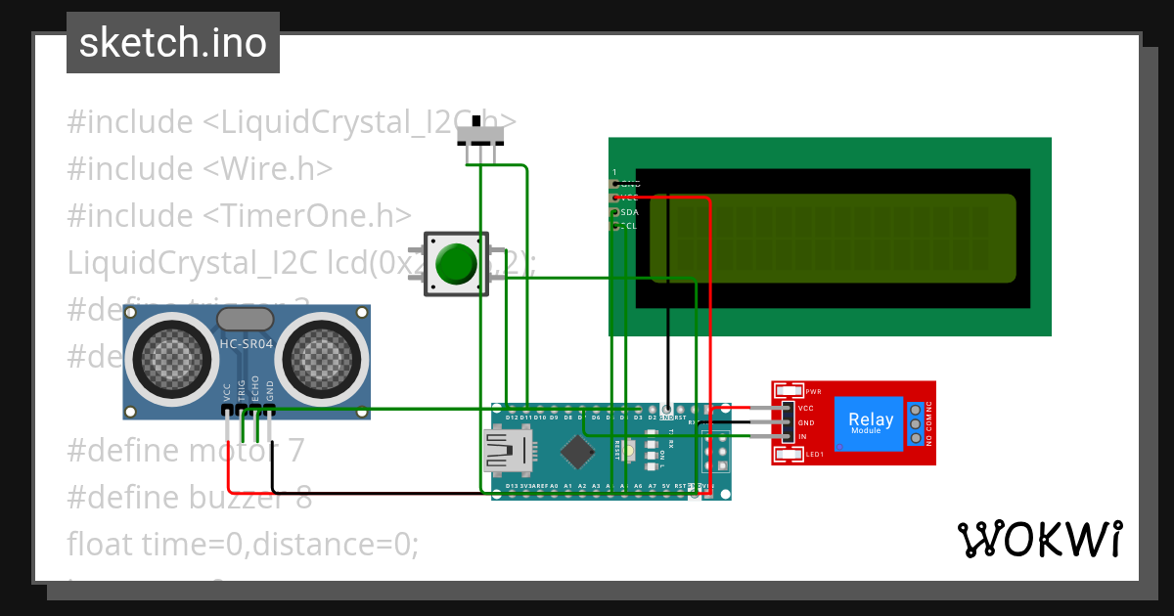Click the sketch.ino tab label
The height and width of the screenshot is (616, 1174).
pyautogui.click(x=172, y=43)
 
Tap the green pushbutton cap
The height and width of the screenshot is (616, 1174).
pyautogui.click(x=455, y=264)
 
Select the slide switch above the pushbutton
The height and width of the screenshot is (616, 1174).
pyautogui.click(x=481, y=132)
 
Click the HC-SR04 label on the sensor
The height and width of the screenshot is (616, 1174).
pyautogui.click(x=246, y=344)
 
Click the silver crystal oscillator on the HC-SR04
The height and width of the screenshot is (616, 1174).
pyautogui.click(x=245, y=319)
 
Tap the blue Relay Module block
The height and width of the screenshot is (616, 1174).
pyautogui.click(x=870, y=423)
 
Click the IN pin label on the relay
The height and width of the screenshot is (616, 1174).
pyautogui.click(x=802, y=437)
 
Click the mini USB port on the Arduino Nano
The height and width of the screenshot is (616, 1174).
pyautogui.click(x=506, y=452)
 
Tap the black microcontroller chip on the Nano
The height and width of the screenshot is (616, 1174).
pyautogui.click(x=579, y=451)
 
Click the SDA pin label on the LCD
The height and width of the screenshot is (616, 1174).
pyautogui.click(x=629, y=211)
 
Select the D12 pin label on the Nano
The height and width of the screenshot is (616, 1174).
pyautogui.click(x=512, y=418)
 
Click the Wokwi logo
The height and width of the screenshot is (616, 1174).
pyautogui.click(x=1040, y=539)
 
